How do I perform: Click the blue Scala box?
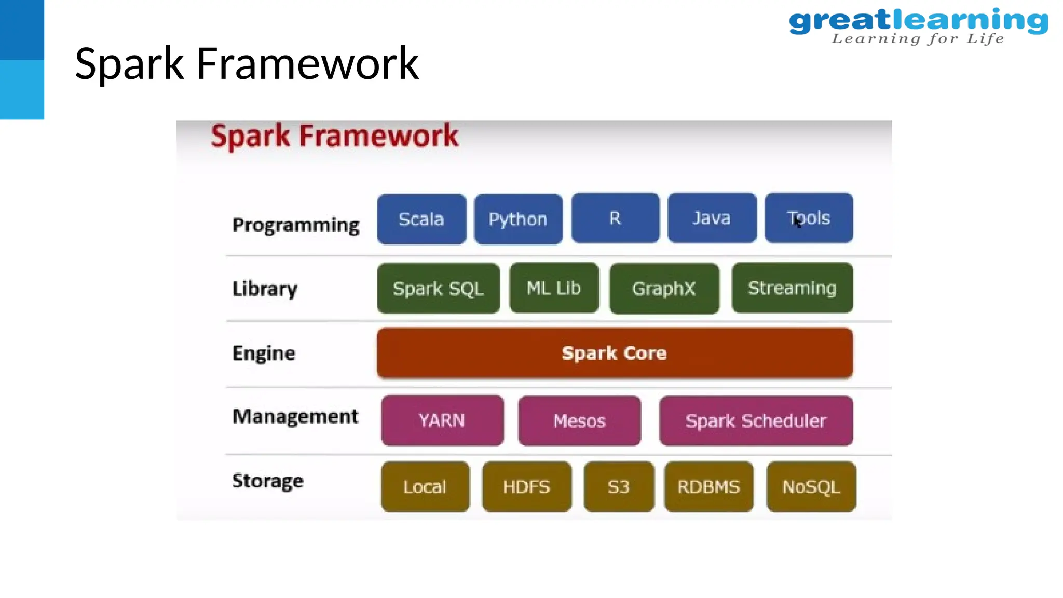421,219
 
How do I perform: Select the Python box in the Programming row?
518,219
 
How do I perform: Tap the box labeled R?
615,218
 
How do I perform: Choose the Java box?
712,218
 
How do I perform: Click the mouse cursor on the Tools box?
798,222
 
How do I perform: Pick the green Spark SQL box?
438,288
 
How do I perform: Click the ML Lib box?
554,288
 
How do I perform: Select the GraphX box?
664,288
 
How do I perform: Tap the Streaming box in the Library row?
792,288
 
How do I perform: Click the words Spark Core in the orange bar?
614,353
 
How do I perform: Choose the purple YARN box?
442,420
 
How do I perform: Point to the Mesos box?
579,420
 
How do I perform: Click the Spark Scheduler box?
756,420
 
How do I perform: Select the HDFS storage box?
526,486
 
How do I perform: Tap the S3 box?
618,486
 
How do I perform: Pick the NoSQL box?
811,486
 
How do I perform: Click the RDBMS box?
708,486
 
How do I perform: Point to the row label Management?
295,416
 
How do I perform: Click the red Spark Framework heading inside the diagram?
335,136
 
